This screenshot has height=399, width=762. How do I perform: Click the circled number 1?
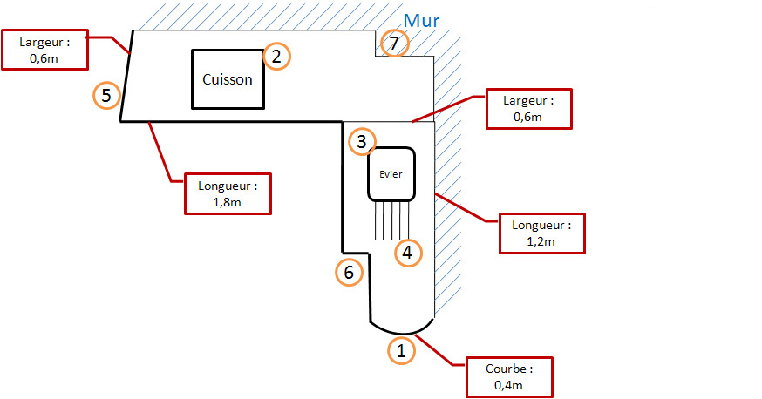click(401, 350)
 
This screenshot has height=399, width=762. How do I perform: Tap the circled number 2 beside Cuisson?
click(276, 57)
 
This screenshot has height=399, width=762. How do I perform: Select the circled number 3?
click(362, 141)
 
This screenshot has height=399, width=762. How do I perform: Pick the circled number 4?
click(408, 253)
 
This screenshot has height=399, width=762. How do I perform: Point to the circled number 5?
click(106, 95)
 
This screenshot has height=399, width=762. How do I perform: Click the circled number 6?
click(349, 273)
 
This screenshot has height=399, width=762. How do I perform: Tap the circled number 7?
click(394, 43)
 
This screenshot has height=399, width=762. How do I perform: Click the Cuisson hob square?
click(228, 79)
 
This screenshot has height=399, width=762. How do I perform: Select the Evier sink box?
click(391, 173)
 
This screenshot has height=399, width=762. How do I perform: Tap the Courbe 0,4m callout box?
click(509, 376)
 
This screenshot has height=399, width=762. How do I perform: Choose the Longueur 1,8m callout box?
click(228, 193)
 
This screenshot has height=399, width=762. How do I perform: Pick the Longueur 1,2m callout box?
click(541, 233)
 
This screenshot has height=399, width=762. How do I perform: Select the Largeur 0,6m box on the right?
click(528, 109)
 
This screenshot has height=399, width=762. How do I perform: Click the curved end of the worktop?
click(401, 328)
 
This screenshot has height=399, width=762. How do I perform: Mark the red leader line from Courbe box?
click(441, 352)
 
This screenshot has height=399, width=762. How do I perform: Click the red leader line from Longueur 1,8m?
click(166, 152)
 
